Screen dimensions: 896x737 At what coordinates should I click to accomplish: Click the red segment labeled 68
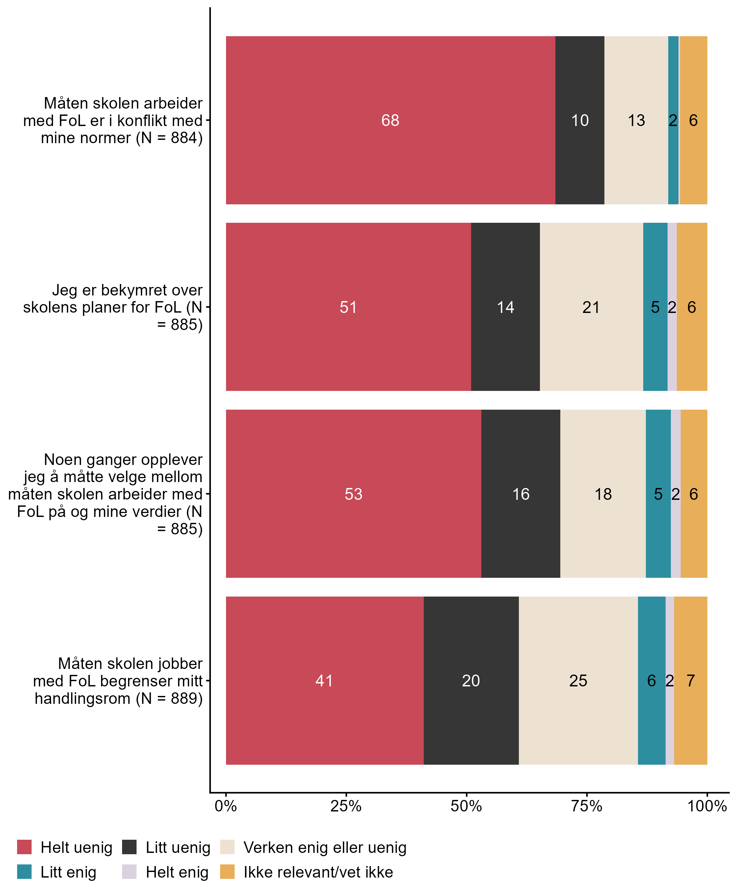[390, 120]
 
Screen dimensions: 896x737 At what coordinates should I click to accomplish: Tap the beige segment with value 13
[636, 120]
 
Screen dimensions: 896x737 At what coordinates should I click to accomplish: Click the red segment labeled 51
[348, 307]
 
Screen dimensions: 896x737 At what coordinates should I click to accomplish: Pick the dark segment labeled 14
[505, 307]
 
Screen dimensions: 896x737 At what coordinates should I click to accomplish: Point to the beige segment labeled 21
[591, 307]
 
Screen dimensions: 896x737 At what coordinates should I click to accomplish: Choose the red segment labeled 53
[353, 494]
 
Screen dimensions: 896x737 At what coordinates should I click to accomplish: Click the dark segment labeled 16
[521, 494]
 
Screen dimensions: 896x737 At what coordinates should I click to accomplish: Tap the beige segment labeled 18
[603, 494]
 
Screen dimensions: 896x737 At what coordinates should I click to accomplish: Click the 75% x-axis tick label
[587, 806]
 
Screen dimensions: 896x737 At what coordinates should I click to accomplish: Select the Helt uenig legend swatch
[24, 847]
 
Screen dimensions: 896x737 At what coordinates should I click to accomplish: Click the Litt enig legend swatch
[24, 872]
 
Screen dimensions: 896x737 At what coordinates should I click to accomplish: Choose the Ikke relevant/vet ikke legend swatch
[227, 872]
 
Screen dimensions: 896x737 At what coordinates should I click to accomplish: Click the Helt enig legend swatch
[129, 872]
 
